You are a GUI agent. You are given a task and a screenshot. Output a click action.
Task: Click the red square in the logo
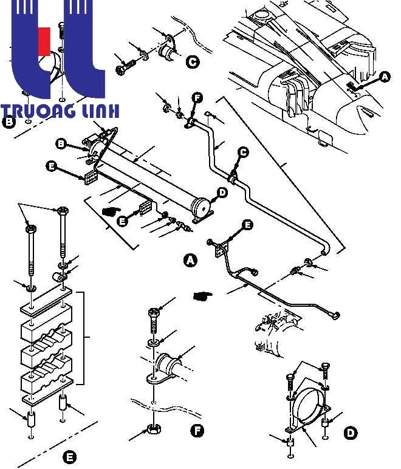44,41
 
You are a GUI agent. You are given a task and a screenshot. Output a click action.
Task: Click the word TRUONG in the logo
38,111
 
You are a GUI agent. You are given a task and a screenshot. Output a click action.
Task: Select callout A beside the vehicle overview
385,77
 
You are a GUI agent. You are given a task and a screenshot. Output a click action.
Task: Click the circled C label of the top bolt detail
193,62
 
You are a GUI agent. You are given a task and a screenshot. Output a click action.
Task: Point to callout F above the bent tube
197,98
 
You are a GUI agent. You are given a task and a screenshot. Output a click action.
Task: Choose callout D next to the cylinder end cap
222,193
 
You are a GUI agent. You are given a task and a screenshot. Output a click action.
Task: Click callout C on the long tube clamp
243,152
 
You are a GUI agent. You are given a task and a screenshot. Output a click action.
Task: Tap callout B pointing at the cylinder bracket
61,144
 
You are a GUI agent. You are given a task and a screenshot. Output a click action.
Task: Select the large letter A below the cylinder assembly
190,260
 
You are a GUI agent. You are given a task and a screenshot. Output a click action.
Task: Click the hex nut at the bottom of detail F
154,430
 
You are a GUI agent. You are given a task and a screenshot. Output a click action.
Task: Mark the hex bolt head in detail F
154,313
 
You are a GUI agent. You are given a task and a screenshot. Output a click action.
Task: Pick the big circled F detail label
197,431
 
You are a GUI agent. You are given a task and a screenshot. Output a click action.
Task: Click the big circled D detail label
351,433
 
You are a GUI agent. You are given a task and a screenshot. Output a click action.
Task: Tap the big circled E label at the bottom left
69,457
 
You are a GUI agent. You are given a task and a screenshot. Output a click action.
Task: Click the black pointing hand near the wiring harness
203,296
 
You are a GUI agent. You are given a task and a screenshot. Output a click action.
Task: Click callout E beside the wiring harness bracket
247,225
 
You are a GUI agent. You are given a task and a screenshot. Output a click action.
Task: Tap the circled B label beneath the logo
9,122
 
